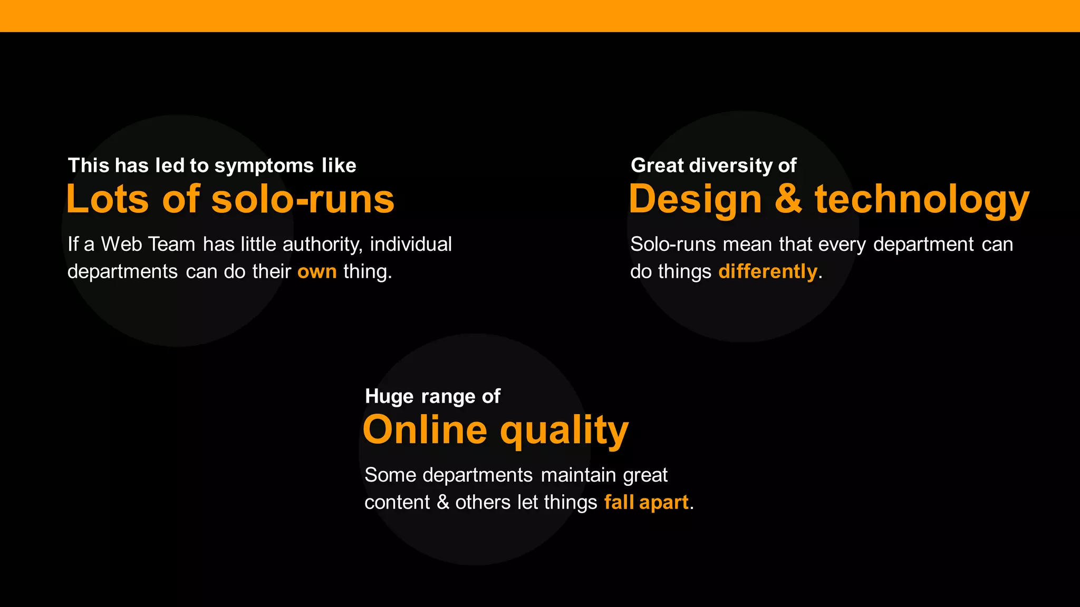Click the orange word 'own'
click(x=317, y=272)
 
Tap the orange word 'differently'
click(x=767, y=272)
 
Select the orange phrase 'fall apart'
click(x=646, y=502)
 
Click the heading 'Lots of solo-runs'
click(x=230, y=200)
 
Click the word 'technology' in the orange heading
click(x=922, y=200)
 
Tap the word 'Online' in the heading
click(x=425, y=430)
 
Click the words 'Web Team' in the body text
click(x=148, y=244)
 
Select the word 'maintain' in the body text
click(x=578, y=475)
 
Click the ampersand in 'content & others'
click(x=443, y=502)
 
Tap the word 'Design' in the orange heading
click(x=695, y=200)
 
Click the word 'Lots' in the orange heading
click(x=108, y=200)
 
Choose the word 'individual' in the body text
click(x=411, y=244)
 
